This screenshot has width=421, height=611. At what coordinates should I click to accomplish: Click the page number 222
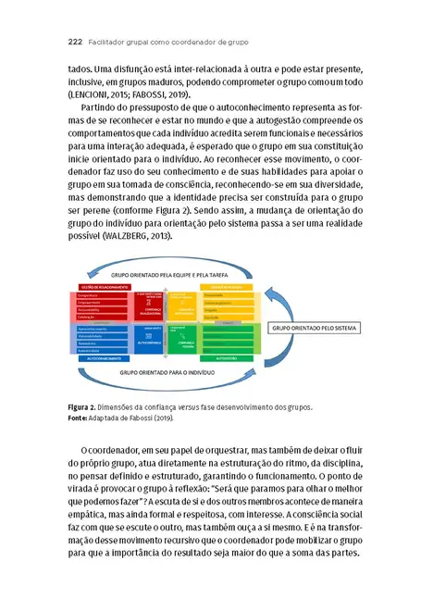[x=76, y=42]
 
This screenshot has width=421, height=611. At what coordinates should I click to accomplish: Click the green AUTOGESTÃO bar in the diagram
[x=226, y=356]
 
